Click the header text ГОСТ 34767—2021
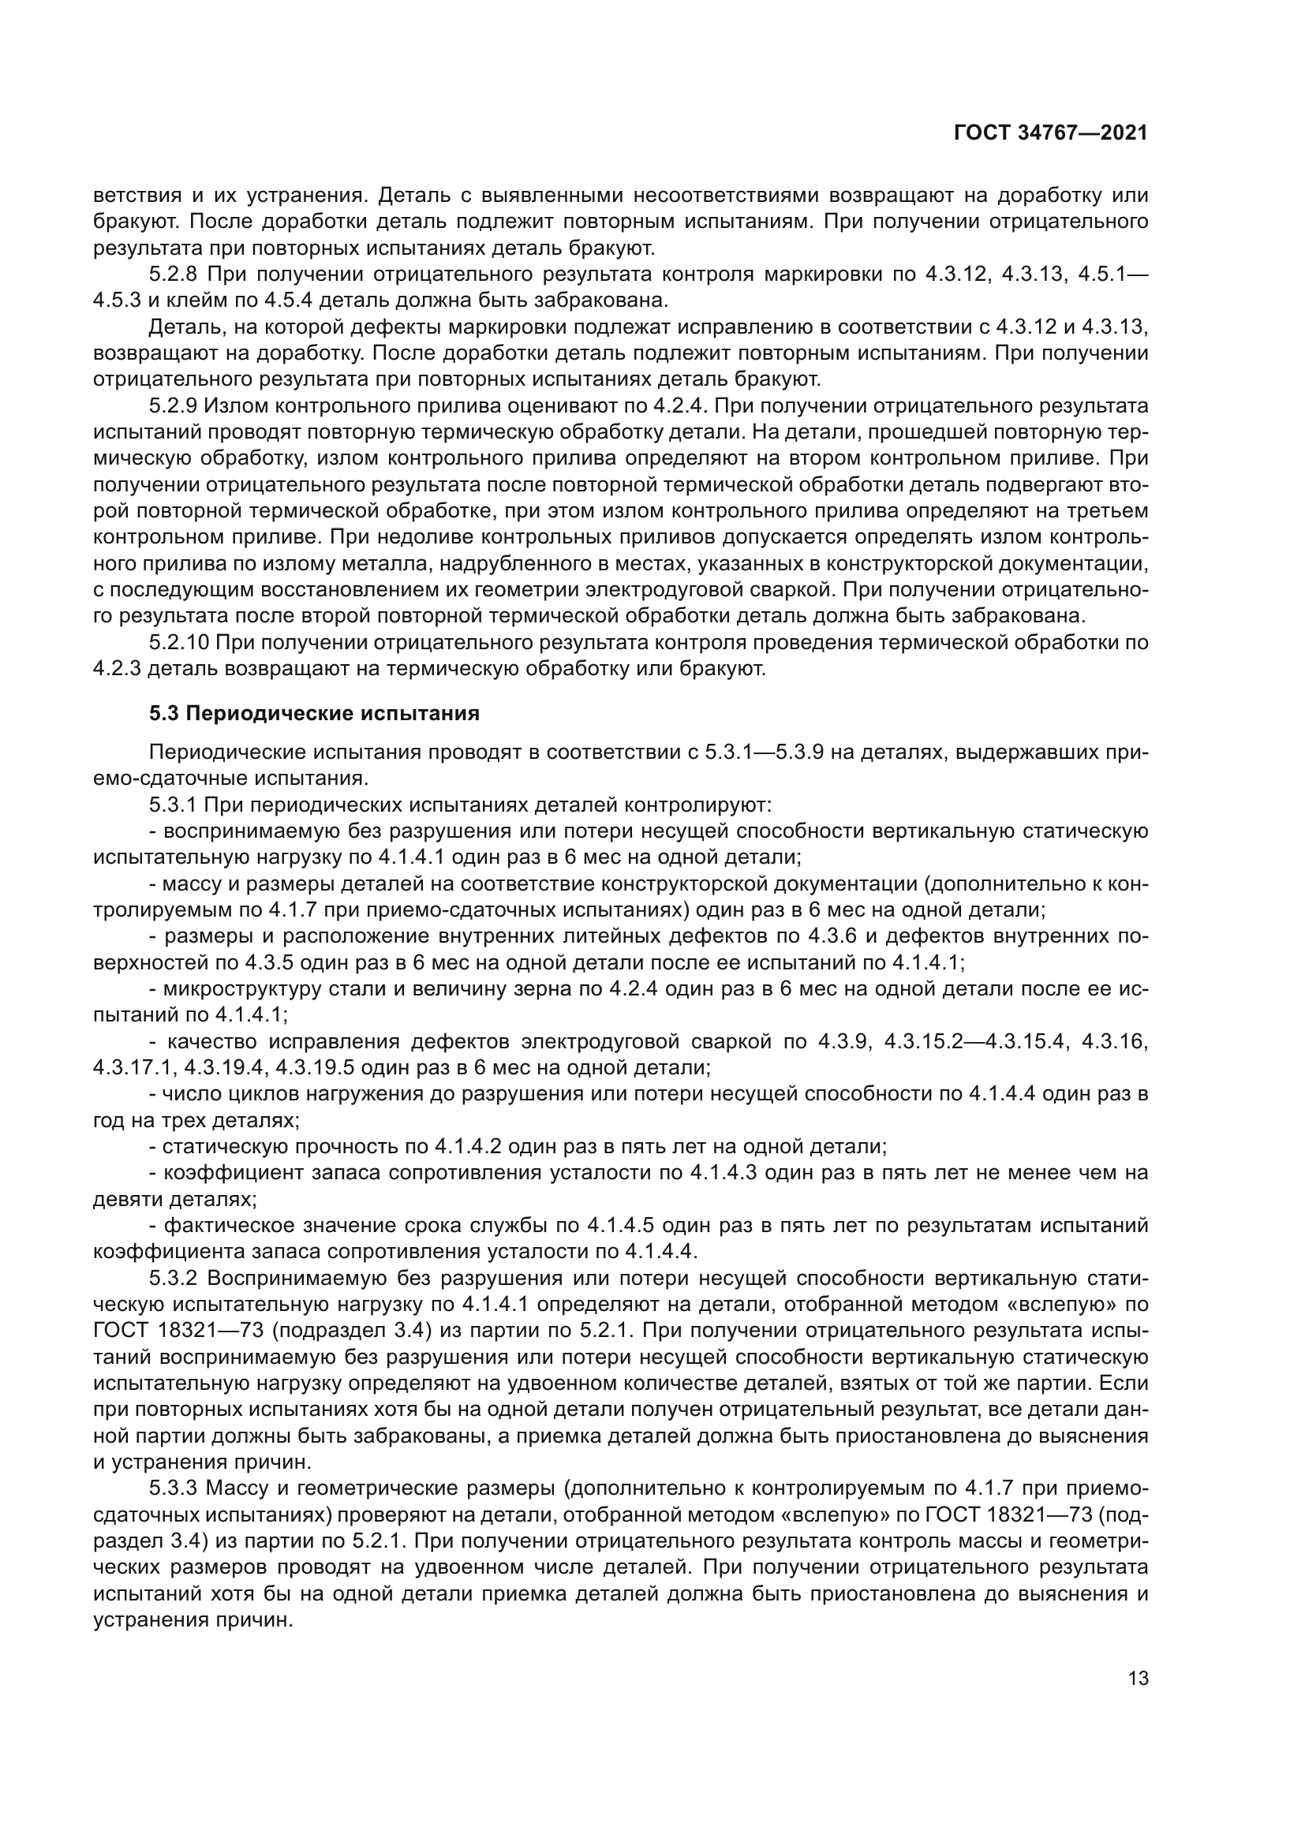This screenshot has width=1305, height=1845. point(1050,133)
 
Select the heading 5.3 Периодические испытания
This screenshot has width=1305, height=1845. point(314,714)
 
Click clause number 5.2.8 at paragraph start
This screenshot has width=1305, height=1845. point(173,275)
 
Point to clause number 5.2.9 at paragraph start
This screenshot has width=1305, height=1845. point(173,405)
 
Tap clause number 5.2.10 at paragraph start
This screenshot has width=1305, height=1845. point(178,642)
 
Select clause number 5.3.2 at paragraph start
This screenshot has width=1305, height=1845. point(173,1279)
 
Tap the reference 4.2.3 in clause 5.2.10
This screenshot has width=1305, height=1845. point(117,669)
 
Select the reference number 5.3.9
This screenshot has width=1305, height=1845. point(792,753)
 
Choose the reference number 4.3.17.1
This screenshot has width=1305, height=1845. point(134,1068)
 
